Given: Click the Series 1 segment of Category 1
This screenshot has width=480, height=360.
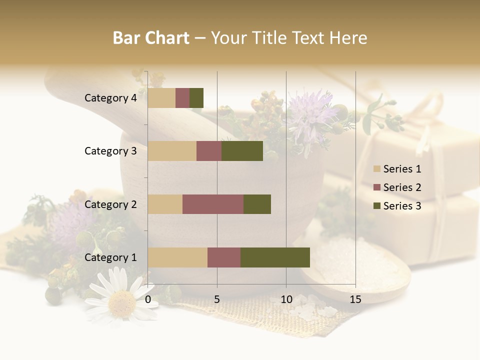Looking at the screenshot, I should [177, 257].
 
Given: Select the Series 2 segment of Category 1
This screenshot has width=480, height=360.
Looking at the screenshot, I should [224, 257].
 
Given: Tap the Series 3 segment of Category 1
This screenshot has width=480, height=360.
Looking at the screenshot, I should [275, 257].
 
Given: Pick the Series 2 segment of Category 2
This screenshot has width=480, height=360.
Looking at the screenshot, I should [213, 204].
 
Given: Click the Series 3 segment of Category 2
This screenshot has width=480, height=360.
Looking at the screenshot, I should [257, 204].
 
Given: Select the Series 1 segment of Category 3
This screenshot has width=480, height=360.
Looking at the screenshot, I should [172, 151].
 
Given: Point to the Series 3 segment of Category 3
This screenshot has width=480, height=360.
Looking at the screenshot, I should [242, 151].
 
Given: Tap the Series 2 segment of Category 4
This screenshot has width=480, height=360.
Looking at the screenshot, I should [182, 98].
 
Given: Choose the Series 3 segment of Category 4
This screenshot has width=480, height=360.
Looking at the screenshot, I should [196, 98].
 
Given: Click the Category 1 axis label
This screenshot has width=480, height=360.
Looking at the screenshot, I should [110, 257].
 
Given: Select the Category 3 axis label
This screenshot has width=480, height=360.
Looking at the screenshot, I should [110, 151].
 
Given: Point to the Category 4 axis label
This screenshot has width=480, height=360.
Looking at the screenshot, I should [110, 98].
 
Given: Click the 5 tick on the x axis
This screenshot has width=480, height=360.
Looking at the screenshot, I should [217, 299].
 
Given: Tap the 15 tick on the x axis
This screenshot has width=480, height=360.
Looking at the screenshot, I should [355, 299].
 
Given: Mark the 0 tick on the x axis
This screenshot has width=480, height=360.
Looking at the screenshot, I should [148, 299].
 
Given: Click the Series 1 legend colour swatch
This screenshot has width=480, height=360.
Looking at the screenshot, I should [377, 169].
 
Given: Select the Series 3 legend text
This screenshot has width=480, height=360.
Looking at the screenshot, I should [402, 206].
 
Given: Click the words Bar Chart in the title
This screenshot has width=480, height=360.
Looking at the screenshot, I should [150, 38].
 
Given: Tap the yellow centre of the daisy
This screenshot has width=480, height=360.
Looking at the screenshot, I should [121, 301].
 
